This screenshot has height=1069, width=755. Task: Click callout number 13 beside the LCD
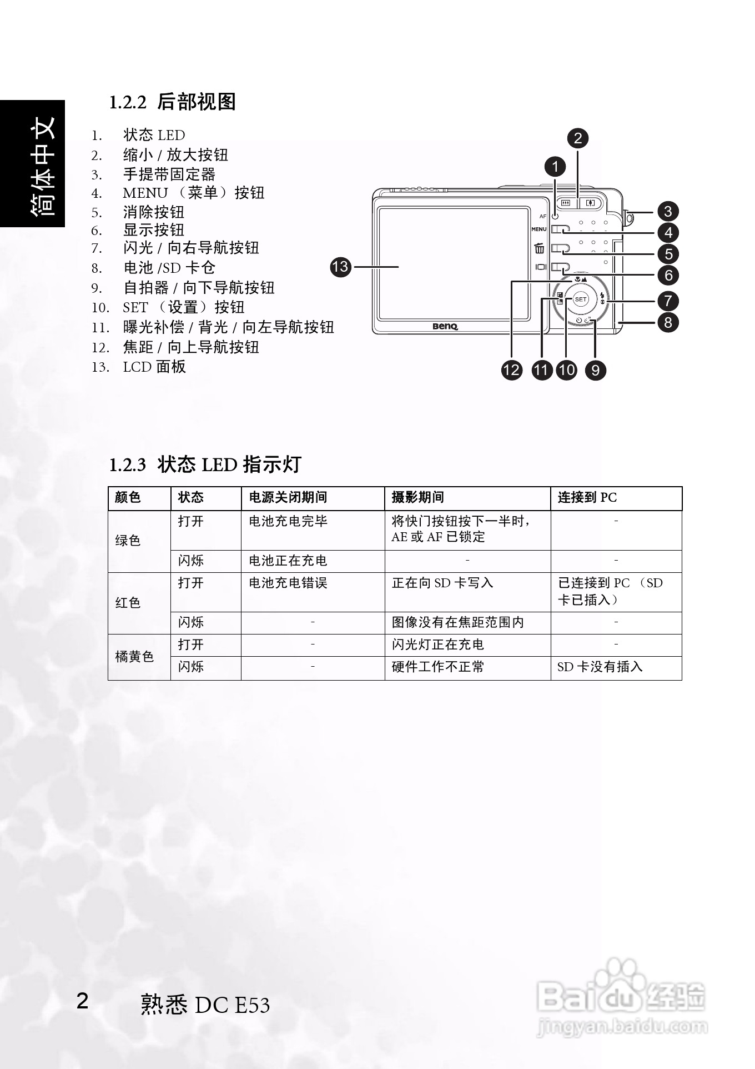340,267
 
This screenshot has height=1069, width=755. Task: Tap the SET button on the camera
580,299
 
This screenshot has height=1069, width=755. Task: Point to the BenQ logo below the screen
445,326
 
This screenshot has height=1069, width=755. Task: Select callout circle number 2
578,138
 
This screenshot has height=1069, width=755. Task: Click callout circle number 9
595,370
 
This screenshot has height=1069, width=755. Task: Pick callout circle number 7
668,301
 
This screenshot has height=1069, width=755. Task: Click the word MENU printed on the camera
538,229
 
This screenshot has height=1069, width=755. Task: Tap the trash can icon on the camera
539,248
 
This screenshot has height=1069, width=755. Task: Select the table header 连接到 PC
587,497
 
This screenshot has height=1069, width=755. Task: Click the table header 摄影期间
417,497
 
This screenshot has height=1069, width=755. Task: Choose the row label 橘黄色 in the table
134,657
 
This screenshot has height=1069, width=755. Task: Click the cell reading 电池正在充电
288,561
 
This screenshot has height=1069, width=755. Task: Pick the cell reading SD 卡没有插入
600,667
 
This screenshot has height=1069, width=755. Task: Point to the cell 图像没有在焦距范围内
457,622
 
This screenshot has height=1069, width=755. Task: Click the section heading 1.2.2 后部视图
172,102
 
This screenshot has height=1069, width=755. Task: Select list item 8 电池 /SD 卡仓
169,268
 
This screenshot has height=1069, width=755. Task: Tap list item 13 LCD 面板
154,367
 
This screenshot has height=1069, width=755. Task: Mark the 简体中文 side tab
42,165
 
